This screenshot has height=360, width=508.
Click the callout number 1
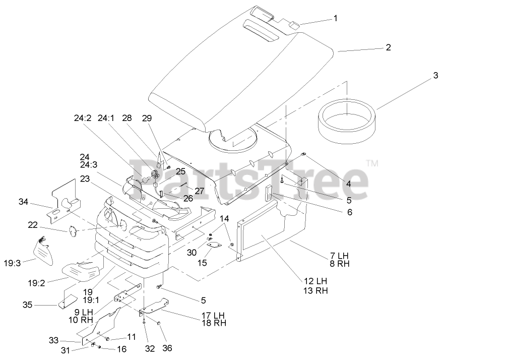335,18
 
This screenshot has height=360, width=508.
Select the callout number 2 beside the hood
388,47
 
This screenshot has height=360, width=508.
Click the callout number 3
435,76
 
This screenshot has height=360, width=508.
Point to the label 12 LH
315,281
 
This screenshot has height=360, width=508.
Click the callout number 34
23,202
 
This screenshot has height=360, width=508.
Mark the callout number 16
122,348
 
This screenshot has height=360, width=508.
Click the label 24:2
83,118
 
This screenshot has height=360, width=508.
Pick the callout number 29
146,118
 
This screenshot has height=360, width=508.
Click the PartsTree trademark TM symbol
372,163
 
